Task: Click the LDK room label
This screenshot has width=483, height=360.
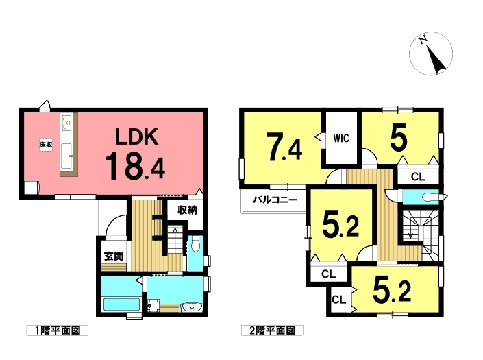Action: coord(137,136)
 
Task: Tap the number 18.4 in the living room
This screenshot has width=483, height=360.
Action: coord(135,167)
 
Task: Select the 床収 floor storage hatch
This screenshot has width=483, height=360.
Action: coord(46,144)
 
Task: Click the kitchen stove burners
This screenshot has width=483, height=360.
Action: coord(67,122)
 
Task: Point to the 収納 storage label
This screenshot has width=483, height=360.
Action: coord(187,211)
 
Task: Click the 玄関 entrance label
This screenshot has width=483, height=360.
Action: coord(113,256)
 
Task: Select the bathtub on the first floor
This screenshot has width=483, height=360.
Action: coord(121,304)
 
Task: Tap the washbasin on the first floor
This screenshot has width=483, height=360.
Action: coord(192,307)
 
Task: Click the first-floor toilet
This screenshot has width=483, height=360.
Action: coord(195,245)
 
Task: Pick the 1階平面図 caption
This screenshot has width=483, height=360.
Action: coord(58,331)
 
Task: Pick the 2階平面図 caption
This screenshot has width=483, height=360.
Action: coord(272,331)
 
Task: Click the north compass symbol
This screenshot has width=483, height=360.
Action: coord(431,53)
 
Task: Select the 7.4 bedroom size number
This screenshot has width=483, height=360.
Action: coord(284,147)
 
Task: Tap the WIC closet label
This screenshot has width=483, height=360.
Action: coord(341,139)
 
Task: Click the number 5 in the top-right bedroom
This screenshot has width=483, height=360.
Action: coord(399,137)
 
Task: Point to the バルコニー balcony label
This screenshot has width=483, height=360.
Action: coord(275,200)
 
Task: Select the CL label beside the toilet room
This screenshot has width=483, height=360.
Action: coord(418,177)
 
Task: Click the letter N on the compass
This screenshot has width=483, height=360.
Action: coord(423,40)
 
